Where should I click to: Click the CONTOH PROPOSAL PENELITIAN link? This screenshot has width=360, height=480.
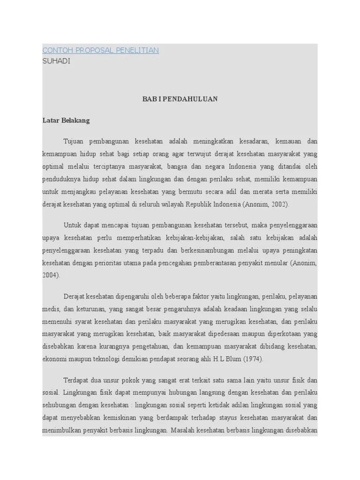point(100,50)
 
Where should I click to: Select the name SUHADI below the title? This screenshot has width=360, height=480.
point(56,61)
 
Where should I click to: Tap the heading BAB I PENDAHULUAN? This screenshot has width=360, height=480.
point(180,99)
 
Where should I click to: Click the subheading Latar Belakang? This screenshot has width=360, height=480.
point(66,120)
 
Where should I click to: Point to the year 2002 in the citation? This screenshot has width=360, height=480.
point(279,204)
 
